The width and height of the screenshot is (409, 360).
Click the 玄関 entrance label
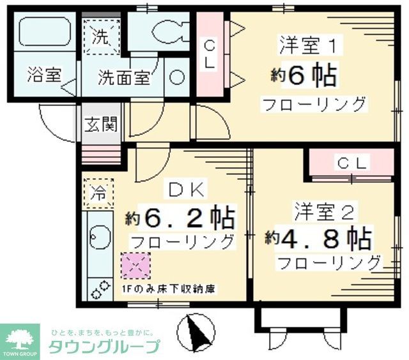(x=102, y=124)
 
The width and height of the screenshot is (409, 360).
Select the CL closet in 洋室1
(x=209, y=55)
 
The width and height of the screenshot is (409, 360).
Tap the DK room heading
(x=185, y=190)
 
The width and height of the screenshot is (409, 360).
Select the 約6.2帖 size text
(x=180, y=218)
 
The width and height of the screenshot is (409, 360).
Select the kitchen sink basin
(x=98, y=242)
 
